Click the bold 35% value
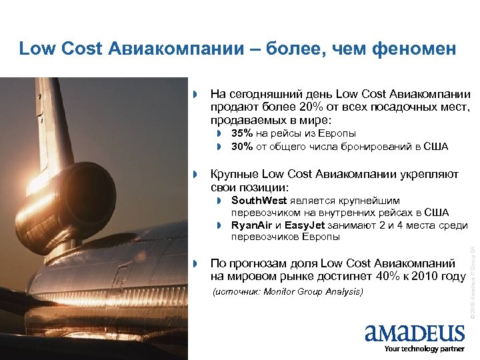point(242,134)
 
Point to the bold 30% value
point(242,147)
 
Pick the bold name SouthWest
point(259,200)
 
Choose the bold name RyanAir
point(251,225)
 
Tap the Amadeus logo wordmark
point(415,333)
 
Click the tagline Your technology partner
point(424,349)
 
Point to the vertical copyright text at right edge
point(471,280)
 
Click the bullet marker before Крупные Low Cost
point(196,175)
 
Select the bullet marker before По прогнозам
point(196,263)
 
